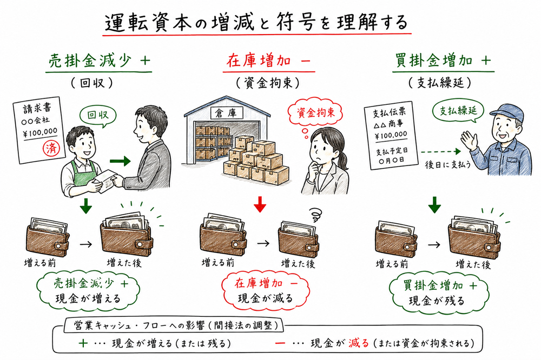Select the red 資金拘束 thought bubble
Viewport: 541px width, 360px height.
(x=312, y=113)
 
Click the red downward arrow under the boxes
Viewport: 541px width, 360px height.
(x=261, y=204)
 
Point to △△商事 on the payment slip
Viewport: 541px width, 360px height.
(x=391, y=124)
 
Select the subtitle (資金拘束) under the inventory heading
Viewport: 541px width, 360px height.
(x=265, y=83)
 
